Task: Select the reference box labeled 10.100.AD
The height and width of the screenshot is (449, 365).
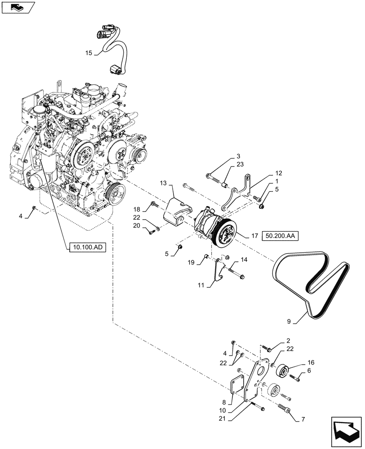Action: [x=86, y=247]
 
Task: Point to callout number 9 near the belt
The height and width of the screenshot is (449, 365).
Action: [x=290, y=321]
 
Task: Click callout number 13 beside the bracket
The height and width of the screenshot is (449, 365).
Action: [x=162, y=183]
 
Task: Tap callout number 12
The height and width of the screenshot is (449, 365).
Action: [x=279, y=172]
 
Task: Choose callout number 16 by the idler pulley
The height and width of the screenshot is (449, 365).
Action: [x=299, y=362]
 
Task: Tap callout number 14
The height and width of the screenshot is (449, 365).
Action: [x=244, y=260]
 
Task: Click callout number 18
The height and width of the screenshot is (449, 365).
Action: [x=137, y=209]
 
